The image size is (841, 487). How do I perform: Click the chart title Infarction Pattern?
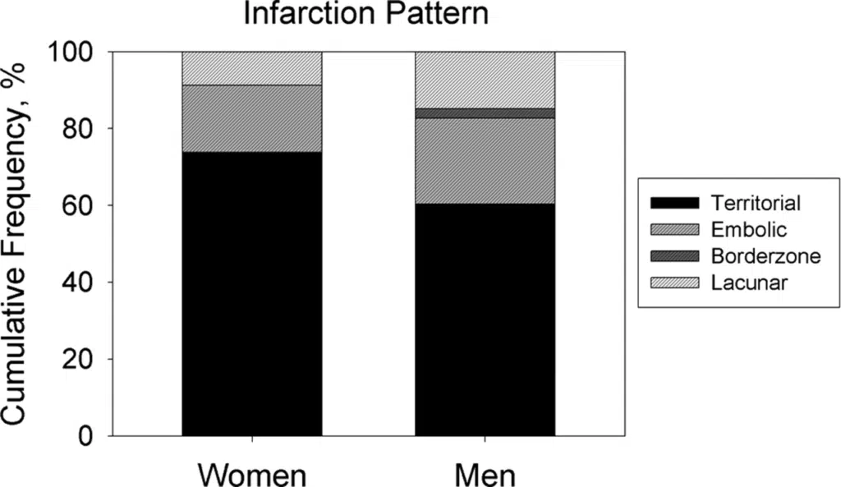coord(370,16)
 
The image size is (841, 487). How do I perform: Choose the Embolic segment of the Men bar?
coord(485,160)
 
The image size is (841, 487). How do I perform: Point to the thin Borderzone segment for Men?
coord(485,113)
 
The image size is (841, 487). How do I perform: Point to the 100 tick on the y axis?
coord(76,52)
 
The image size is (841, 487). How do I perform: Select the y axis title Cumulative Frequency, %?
coord(21,244)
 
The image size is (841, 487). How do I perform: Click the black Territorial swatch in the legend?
coord(673,202)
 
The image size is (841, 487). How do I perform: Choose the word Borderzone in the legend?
coord(765,255)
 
